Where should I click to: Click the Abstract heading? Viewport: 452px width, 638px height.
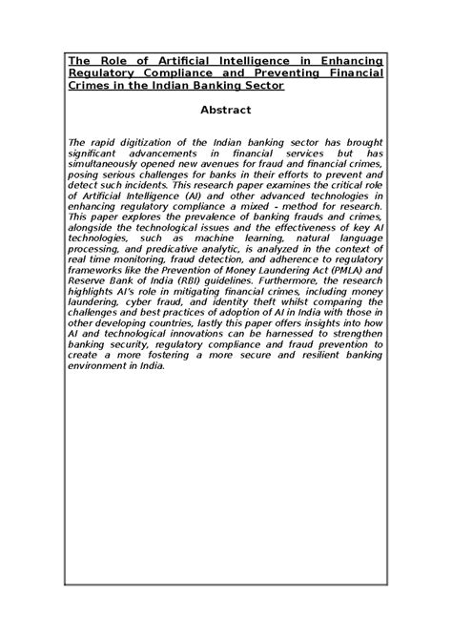pos(226,110)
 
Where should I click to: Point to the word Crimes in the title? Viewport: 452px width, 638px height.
pos(89,86)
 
